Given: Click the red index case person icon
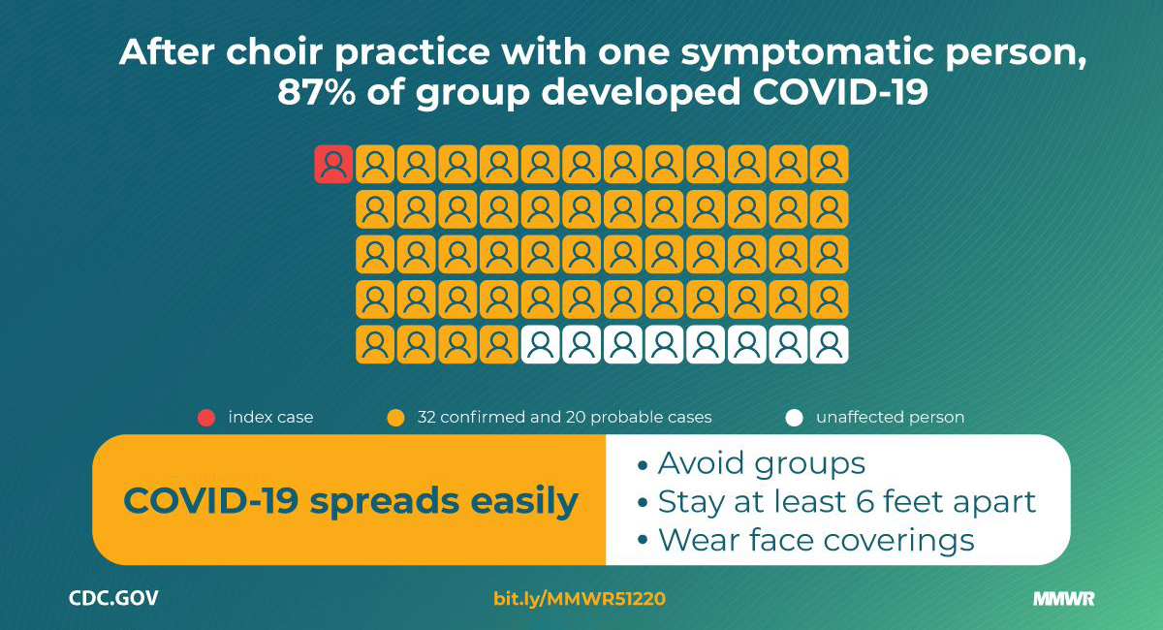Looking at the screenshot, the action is pyautogui.click(x=333, y=164).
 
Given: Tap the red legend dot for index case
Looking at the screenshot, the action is pyautogui.click(x=206, y=418).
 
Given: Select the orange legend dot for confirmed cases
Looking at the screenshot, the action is pyautogui.click(x=395, y=418).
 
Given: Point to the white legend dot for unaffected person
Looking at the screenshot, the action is pyautogui.click(x=794, y=418).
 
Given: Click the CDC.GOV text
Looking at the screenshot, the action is pyautogui.click(x=113, y=598).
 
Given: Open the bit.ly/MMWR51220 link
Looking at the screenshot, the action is pyautogui.click(x=580, y=599).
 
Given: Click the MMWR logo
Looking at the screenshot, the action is pyautogui.click(x=1064, y=599).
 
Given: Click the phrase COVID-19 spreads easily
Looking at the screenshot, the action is pyautogui.click(x=351, y=501).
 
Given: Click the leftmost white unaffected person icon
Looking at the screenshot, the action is pyautogui.click(x=541, y=344).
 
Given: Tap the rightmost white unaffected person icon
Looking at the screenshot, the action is pyautogui.click(x=830, y=344).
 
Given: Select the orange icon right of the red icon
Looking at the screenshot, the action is pyautogui.click(x=375, y=164).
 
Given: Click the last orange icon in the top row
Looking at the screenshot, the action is pyautogui.click(x=830, y=164).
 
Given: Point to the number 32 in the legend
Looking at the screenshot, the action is pyautogui.click(x=426, y=417).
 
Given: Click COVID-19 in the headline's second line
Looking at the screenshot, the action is pyautogui.click(x=839, y=92).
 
